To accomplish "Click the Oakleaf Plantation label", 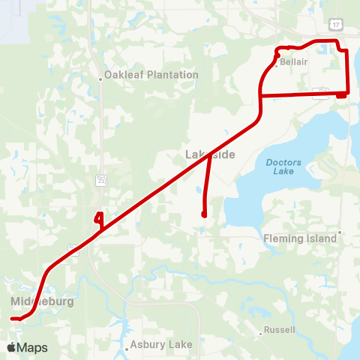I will (x=151, y=75).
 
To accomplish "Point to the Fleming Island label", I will (x=300, y=238).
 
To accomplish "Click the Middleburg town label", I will (x=43, y=301).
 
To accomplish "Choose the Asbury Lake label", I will (x=160, y=345).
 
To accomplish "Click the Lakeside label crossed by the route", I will (x=211, y=154).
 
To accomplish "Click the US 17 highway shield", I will (x=335, y=25).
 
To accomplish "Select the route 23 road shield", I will (x=100, y=180).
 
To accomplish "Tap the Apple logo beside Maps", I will (x=12, y=347).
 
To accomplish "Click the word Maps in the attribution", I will (x=33, y=347).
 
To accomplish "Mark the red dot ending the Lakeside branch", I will (x=204, y=215).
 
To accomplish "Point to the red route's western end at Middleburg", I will (x=13, y=319).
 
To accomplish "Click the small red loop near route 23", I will (x=97, y=220).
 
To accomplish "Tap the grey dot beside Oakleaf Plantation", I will (x=100, y=76).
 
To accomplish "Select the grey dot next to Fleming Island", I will (x=340, y=232).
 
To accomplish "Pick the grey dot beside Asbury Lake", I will (x=126, y=349).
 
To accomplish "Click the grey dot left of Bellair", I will (x=276, y=65).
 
